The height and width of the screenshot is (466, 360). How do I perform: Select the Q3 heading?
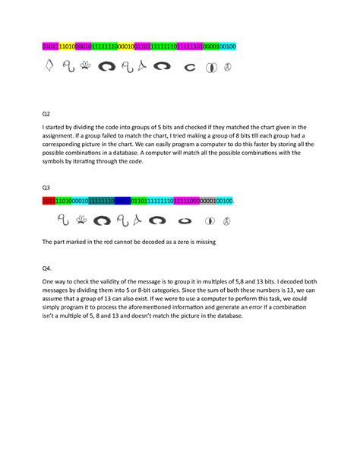(46, 186)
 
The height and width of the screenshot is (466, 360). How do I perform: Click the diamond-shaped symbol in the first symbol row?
(49, 66)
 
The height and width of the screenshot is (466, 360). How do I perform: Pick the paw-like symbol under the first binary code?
(85, 66)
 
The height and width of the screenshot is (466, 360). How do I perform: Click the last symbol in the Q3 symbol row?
(226, 221)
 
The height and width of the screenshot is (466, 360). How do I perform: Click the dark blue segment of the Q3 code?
(122, 201)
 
